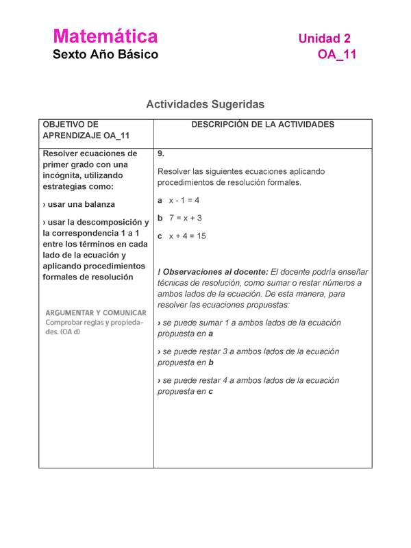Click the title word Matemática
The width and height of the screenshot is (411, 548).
click(105, 36)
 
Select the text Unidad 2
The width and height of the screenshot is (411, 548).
click(324, 38)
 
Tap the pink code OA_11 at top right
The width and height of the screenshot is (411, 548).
click(336, 55)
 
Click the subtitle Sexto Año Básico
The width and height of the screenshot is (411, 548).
click(105, 54)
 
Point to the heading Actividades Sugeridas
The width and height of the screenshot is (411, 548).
click(205, 104)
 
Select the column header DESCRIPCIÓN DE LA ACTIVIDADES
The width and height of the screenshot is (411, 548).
click(262, 125)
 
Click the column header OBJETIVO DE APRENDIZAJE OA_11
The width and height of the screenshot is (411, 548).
click(86, 130)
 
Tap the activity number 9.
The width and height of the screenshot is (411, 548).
click(160, 153)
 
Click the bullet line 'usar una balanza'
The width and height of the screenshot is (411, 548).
click(78, 204)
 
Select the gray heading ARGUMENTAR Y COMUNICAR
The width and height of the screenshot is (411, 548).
click(95, 312)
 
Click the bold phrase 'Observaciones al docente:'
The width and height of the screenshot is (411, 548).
click(215, 271)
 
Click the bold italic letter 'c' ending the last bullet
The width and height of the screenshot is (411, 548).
click(210, 391)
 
